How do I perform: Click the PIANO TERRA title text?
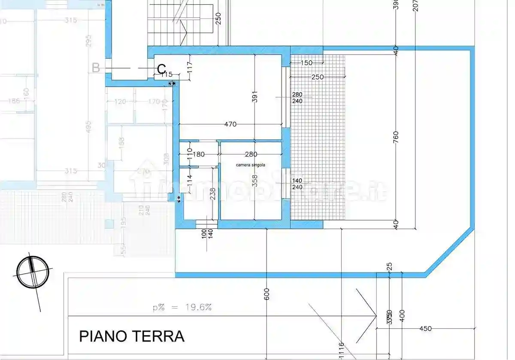pyautogui.click(x=132, y=336)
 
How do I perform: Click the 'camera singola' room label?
pyautogui.click(x=251, y=165)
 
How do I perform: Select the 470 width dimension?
pyautogui.click(x=230, y=124)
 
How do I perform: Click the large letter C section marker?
pyautogui.click(x=161, y=70)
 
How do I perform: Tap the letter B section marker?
pyautogui.click(x=96, y=68)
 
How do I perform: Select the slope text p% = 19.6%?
pyautogui.click(x=182, y=307)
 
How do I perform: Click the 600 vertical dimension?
pyautogui.click(x=267, y=293)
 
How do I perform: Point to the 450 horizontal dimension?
pyautogui.click(x=425, y=329)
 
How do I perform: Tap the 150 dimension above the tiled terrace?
pyautogui.click(x=306, y=63)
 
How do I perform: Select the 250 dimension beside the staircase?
pyautogui.click(x=218, y=18)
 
